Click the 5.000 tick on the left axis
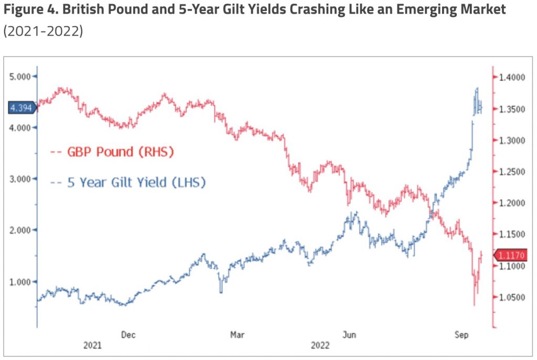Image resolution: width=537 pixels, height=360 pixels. (22, 77)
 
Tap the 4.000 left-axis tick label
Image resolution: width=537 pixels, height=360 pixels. (22, 127)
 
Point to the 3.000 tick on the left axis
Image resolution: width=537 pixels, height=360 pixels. (22, 179)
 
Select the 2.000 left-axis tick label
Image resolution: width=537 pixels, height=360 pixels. (22, 230)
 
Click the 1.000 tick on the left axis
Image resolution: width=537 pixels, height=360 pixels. (22, 281)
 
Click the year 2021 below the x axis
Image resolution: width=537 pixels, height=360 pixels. (92, 346)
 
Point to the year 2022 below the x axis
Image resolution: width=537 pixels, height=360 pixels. (320, 346)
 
